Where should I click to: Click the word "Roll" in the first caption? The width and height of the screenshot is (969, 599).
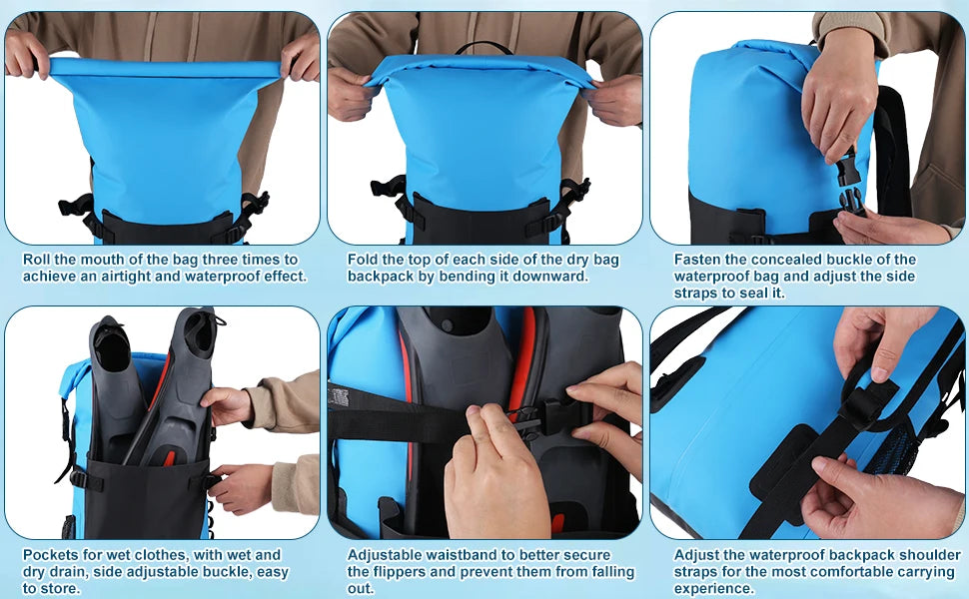(x=37, y=260)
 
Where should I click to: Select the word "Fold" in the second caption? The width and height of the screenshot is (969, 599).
(x=363, y=260)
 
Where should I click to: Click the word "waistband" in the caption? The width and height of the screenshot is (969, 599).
(x=449, y=555)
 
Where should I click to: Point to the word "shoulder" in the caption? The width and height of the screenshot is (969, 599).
(x=933, y=555)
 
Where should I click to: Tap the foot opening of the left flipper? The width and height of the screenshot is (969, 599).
(x=111, y=348)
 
